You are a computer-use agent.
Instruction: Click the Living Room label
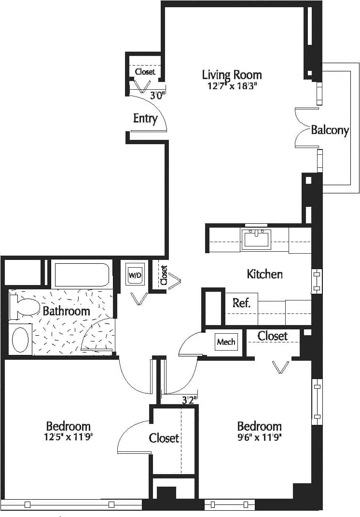(232, 75)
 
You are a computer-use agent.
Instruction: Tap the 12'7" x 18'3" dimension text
(232, 86)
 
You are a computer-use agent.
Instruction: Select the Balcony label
(330, 130)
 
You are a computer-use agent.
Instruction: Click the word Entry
(145, 118)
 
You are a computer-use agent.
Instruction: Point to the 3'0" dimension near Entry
(157, 95)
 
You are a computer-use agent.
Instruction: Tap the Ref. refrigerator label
(241, 303)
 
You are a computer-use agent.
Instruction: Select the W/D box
(135, 275)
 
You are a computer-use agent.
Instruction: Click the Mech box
(226, 342)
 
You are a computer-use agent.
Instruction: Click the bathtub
(82, 275)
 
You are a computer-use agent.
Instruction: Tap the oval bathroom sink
(20, 340)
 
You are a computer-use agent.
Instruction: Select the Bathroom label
(66, 311)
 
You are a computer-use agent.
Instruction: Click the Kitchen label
(264, 274)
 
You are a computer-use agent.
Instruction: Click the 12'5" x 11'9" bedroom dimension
(68, 437)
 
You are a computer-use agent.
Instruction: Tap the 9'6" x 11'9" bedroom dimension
(259, 437)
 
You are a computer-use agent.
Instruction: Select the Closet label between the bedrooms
(164, 438)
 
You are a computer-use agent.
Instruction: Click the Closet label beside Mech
(272, 336)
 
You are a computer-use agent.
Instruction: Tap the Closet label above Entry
(145, 72)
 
